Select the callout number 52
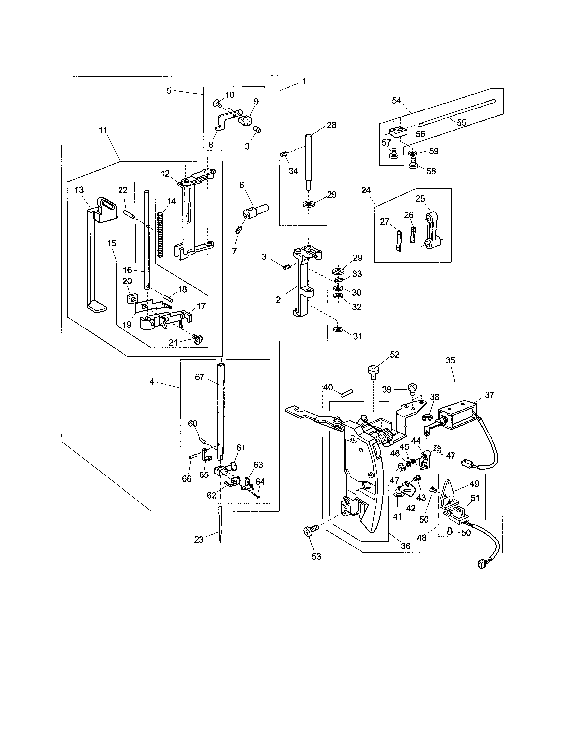click(395, 355)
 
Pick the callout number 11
click(103, 130)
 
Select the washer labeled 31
click(338, 329)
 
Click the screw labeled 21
click(198, 340)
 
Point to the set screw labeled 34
click(283, 155)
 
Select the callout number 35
click(450, 360)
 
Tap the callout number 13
click(79, 190)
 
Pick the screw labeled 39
click(412, 388)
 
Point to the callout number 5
click(169, 91)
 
